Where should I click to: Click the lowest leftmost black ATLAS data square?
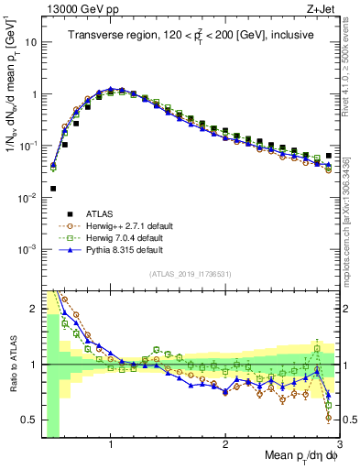coord(53,189)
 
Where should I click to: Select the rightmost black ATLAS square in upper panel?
coord(329,156)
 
